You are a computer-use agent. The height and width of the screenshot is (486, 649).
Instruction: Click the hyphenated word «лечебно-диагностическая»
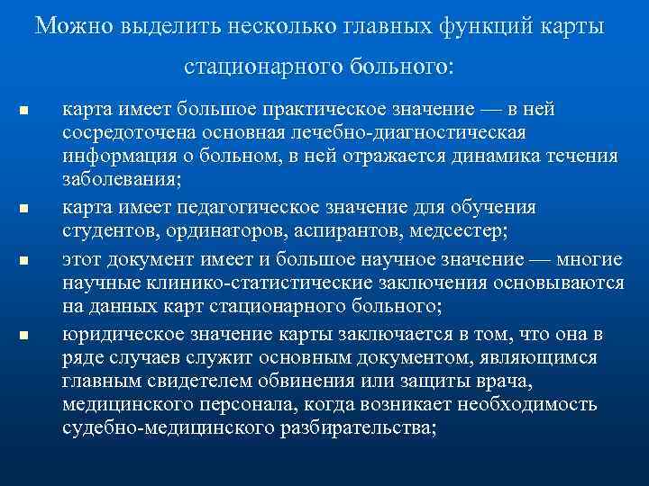(x=416, y=132)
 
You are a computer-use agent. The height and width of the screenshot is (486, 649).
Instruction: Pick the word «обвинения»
(x=333, y=381)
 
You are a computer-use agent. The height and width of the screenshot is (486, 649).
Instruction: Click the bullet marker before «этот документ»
(x=24, y=261)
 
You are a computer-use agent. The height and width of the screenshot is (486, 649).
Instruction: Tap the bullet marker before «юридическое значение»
(x=24, y=336)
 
